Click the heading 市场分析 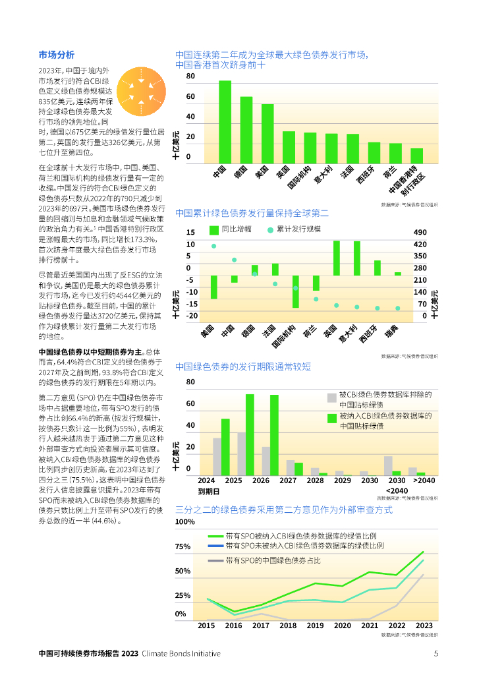pos(57,55)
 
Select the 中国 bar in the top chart pos(225,122)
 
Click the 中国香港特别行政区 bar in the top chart pos(416,156)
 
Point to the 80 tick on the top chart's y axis pos(191,76)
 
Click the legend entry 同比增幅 pos(229,229)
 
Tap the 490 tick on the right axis pos(421,233)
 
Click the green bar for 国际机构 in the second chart pos(296,291)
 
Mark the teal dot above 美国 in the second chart pos(214,246)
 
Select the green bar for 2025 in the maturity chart pos(225,447)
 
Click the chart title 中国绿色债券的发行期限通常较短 pos(243,366)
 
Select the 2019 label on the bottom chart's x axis pos(316,626)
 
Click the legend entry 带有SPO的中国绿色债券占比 pos(273,560)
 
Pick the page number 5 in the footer pos(435,653)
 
